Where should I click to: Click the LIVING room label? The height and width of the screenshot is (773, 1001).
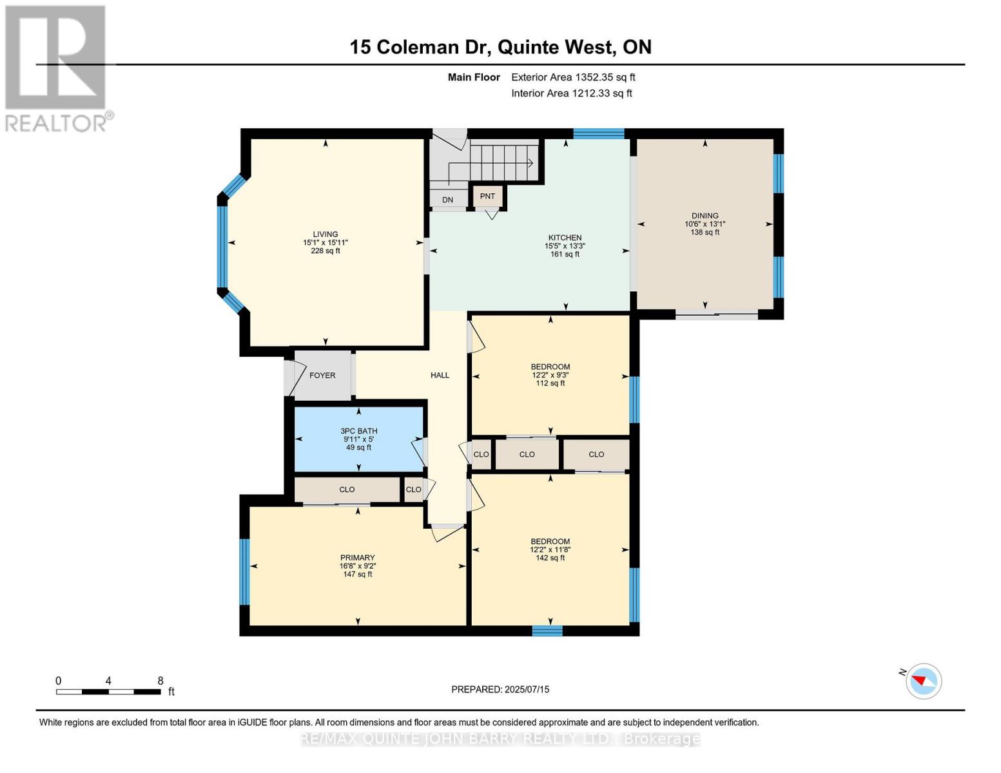[x=326, y=235]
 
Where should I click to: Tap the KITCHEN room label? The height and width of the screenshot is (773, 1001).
[x=565, y=238]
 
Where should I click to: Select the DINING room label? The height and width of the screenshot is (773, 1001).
[x=705, y=216]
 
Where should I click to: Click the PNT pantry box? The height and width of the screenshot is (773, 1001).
[x=487, y=196]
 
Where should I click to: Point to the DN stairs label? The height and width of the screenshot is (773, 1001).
[x=447, y=200]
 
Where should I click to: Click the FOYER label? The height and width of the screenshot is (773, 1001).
[x=322, y=376]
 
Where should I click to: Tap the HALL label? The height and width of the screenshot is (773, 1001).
[x=440, y=376]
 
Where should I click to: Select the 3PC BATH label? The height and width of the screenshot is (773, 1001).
[x=359, y=432]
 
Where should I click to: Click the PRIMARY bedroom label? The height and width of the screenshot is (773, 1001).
[x=358, y=558]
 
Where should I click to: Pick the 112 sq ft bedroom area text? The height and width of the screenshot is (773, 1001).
[x=550, y=383]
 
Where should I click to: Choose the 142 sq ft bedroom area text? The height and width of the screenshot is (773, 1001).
[x=550, y=558]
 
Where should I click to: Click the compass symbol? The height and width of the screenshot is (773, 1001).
[x=923, y=681]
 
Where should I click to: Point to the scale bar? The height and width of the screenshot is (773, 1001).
[x=108, y=692]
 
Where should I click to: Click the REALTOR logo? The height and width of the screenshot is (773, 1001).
[x=57, y=68]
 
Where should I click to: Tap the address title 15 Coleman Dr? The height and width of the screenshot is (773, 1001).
[x=500, y=47]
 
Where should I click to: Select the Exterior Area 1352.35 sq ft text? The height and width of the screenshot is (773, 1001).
[x=573, y=77]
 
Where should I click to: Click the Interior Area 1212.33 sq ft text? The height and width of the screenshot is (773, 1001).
[x=571, y=93]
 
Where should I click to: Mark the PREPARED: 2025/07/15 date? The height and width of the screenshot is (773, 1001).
[x=500, y=689]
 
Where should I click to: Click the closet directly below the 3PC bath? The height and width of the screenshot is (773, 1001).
[x=347, y=490]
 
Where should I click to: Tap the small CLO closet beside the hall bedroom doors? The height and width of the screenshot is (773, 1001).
[x=481, y=455]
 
